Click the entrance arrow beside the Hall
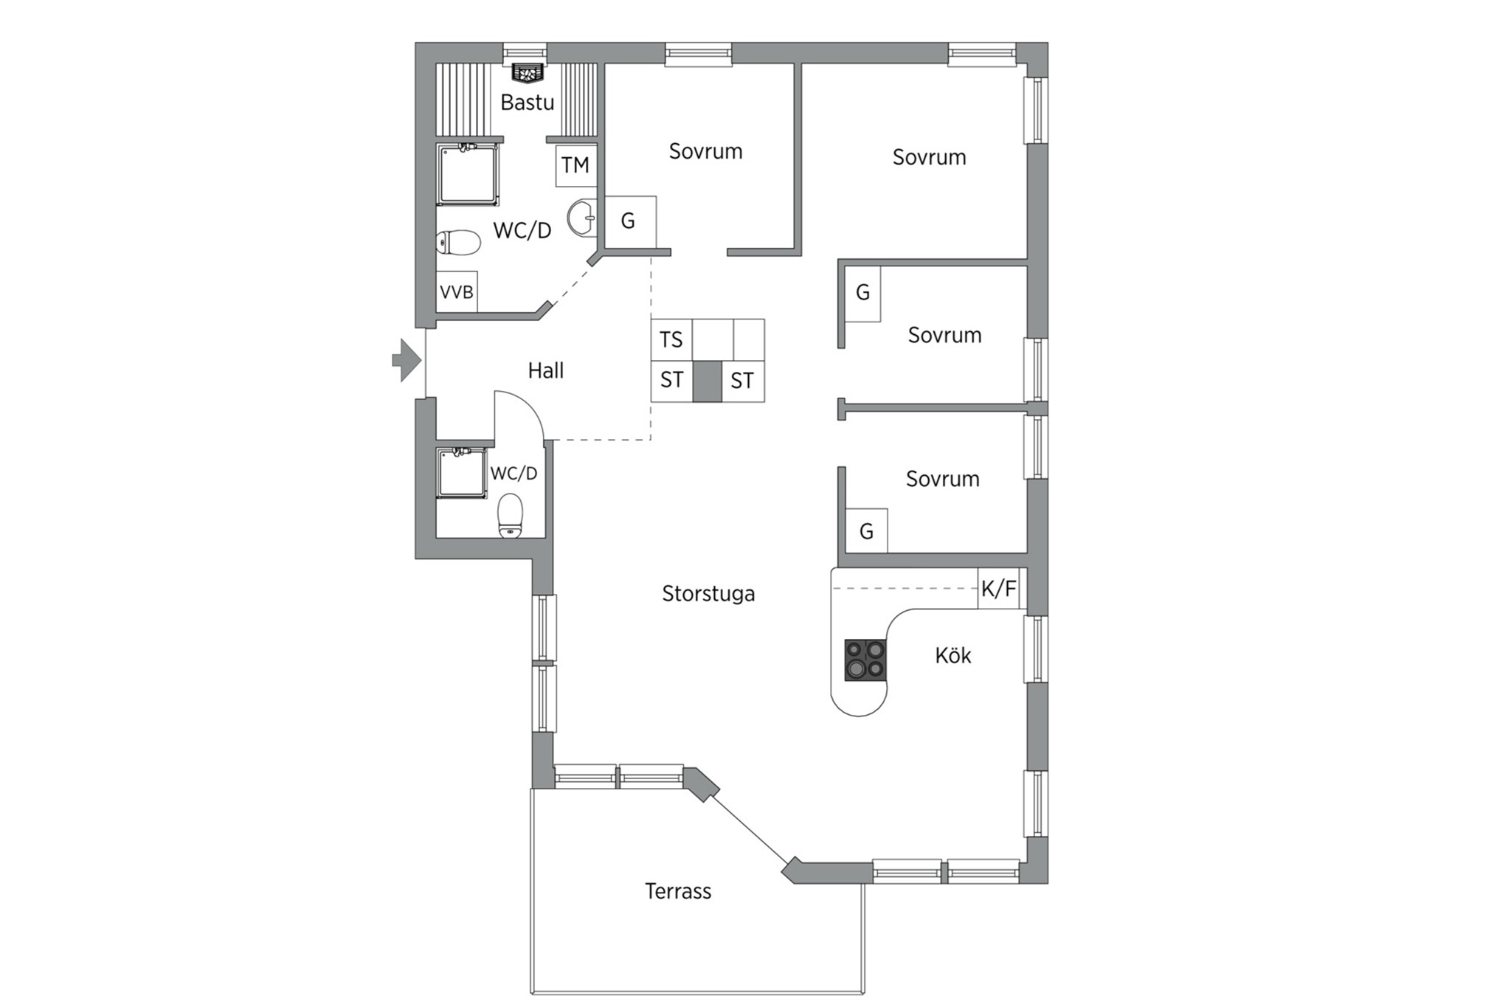(407, 360)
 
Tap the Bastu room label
(527, 103)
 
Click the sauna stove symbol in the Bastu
(527, 72)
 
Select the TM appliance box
(575, 165)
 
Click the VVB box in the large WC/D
(457, 292)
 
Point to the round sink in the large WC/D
(582, 218)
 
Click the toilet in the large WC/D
(458, 242)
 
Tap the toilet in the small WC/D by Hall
(511, 516)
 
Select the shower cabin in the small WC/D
(461, 472)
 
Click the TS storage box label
(671, 340)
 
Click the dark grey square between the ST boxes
(707, 381)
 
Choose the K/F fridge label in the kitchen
(998, 589)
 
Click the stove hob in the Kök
(865, 660)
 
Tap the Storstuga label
(708, 594)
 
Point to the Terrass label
(678, 891)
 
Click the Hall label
(546, 370)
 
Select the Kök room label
(953, 655)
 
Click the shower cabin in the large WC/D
(468, 174)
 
